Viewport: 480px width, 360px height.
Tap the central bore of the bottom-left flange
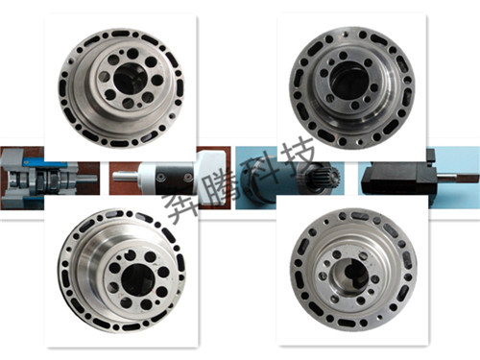point(137,278)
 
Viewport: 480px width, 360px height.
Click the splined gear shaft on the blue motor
point(324,178)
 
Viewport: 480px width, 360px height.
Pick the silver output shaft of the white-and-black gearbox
point(127,177)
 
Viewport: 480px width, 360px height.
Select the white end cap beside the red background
point(212,178)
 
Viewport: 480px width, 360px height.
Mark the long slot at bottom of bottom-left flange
point(131,327)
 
